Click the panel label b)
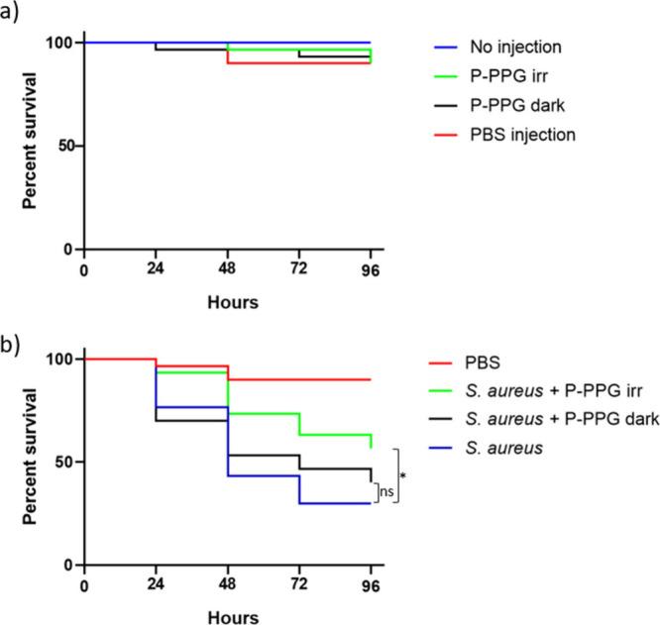pyautogui.click(x=12, y=321)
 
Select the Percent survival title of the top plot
pyautogui.click(x=32, y=147)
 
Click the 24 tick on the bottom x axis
pyautogui.click(x=156, y=584)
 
